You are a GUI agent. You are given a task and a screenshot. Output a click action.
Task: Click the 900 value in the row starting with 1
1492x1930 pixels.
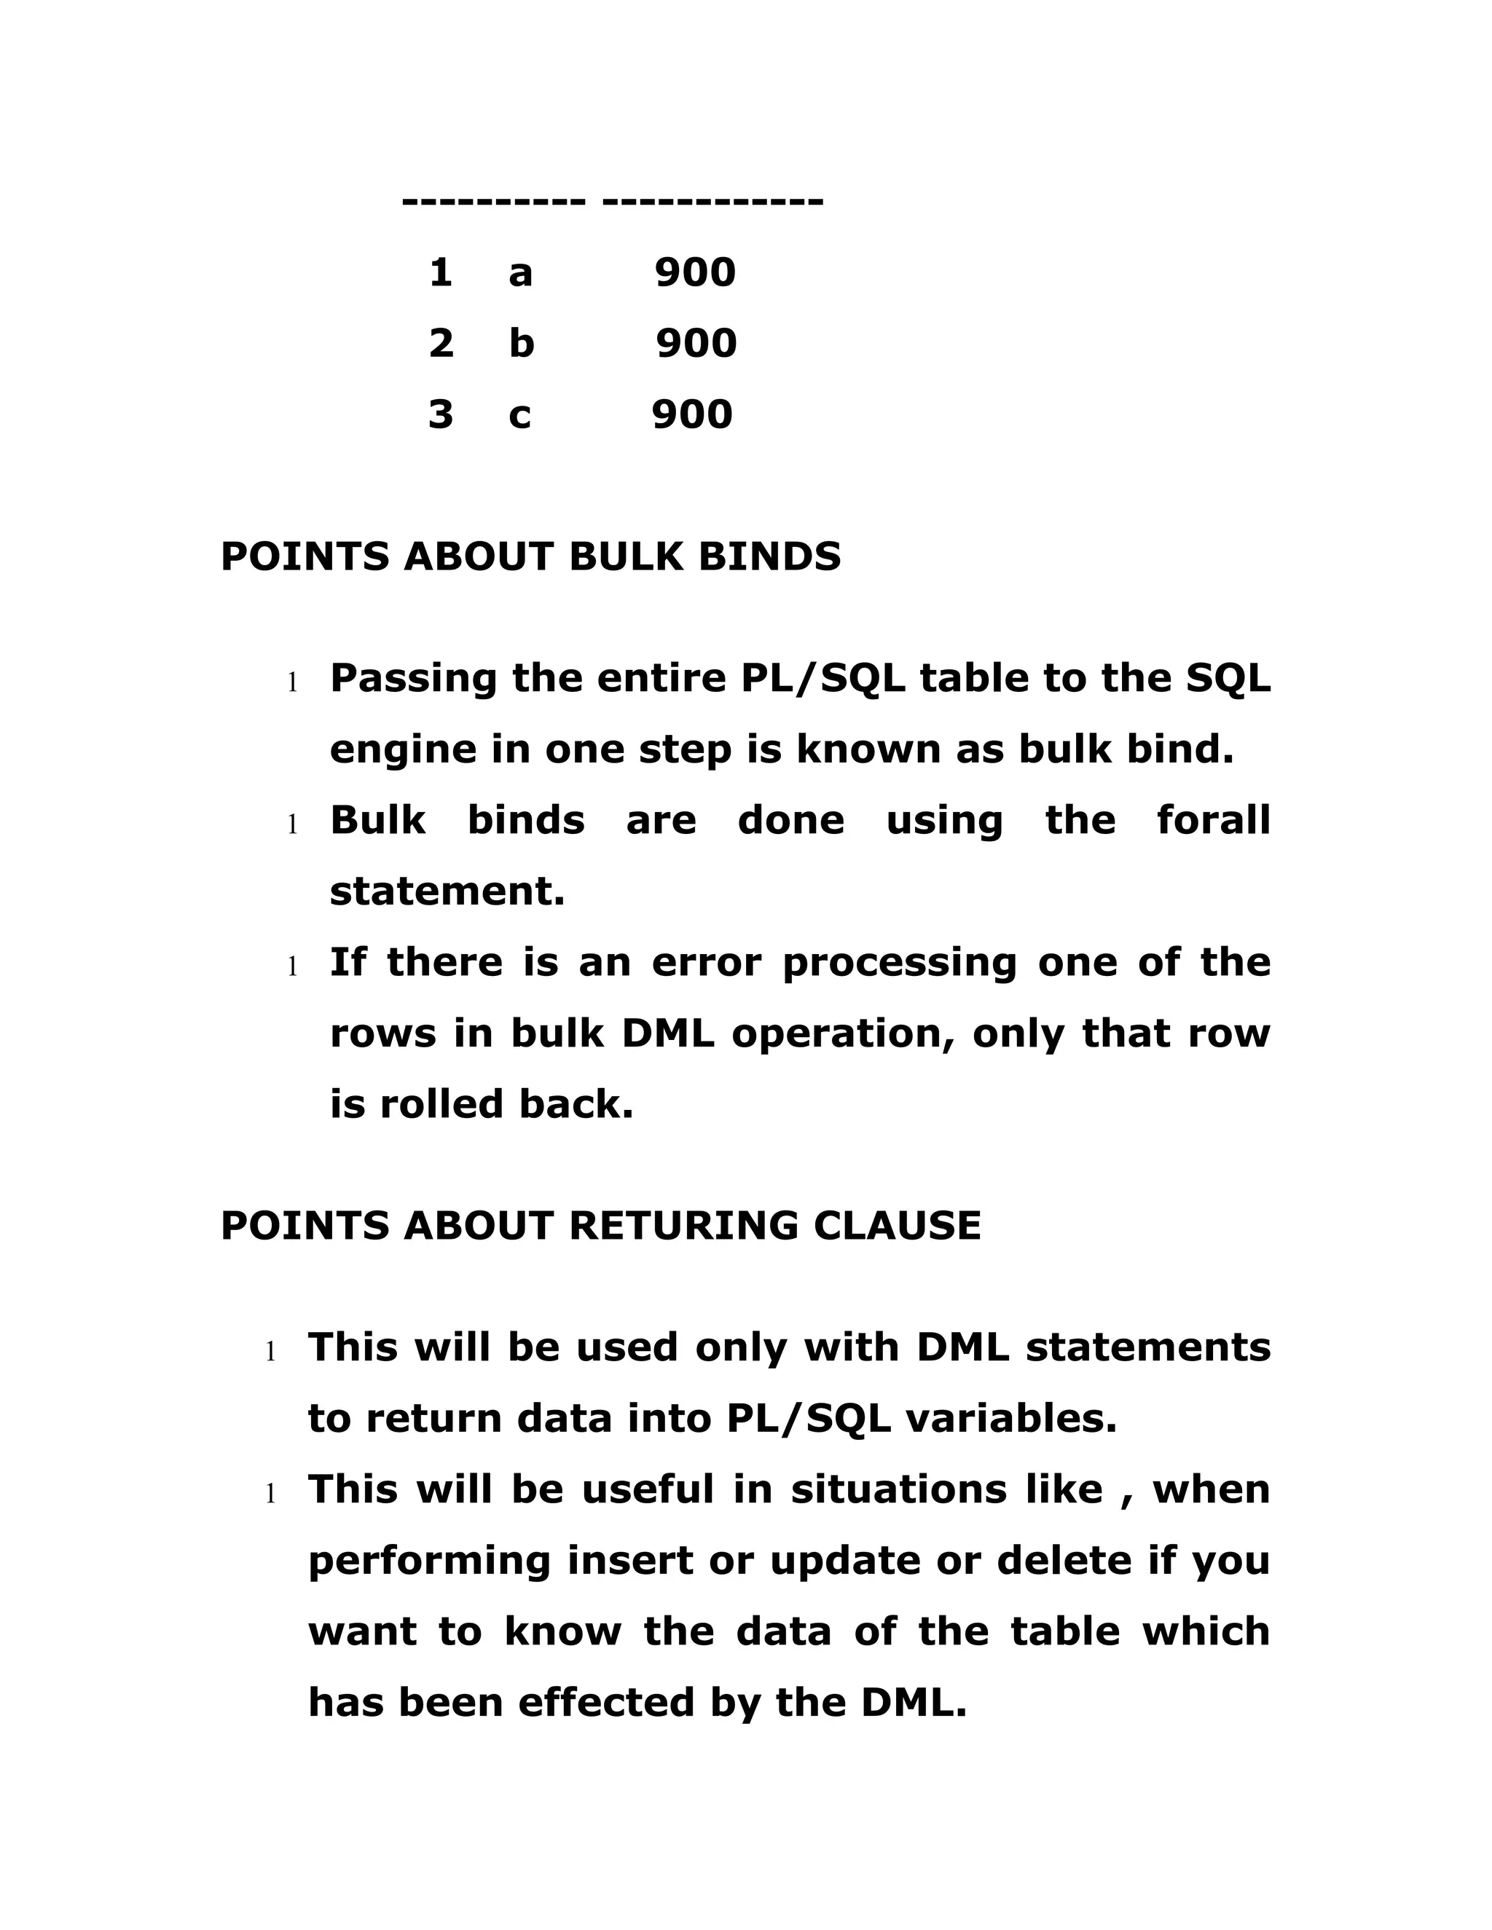pos(695,272)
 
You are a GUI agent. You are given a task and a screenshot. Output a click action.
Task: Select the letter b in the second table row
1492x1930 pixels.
pos(522,343)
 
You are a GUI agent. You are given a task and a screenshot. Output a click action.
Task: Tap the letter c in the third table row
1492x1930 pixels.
pos(519,414)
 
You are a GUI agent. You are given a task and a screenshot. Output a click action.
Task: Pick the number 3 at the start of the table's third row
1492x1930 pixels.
pos(440,414)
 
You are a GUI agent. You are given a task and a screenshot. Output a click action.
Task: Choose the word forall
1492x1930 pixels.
pos(1213,820)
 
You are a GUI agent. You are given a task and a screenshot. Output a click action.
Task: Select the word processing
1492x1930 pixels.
pos(899,964)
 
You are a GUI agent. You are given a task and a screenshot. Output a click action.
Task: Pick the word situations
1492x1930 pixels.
pos(898,1490)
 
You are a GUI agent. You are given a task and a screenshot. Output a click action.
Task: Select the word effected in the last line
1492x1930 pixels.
pos(605,1702)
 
